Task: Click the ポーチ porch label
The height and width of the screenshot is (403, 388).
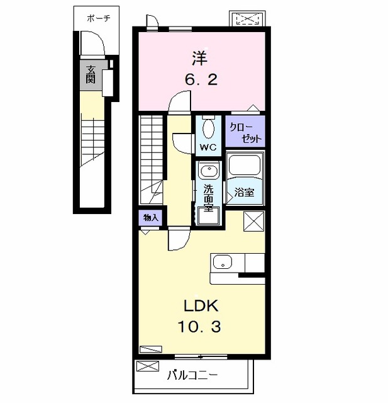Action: pyautogui.click(x=99, y=18)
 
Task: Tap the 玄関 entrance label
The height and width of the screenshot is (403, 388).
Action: pyautogui.click(x=91, y=75)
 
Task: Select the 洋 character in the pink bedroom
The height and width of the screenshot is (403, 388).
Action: pyautogui.click(x=200, y=59)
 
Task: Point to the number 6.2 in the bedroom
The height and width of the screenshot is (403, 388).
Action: pyautogui.click(x=201, y=79)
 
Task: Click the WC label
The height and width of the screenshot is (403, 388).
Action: pyautogui.click(x=208, y=147)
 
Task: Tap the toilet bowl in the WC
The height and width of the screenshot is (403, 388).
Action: pyautogui.click(x=209, y=128)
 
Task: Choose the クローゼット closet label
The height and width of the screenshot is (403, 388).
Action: pyautogui.click(x=246, y=133)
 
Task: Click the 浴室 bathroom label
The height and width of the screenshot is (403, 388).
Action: pyautogui.click(x=244, y=192)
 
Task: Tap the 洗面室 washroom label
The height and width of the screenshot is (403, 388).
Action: pyautogui.click(x=208, y=198)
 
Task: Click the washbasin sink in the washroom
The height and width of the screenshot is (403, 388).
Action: pyautogui.click(x=209, y=171)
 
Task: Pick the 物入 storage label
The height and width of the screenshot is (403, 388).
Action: pyautogui.click(x=151, y=218)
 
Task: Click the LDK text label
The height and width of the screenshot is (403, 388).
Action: pyautogui.click(x=201, y=306)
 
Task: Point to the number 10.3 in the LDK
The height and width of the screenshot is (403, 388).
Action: pyautogui.click(x=199, y=327)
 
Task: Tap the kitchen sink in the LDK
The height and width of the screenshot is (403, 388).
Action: pyautogui.click(x=223, y=262)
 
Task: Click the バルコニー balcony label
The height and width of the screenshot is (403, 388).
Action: pyautogui.click(x=192, y=375)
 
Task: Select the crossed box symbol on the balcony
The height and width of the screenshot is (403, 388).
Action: pyautogui.click(x=148, y=366)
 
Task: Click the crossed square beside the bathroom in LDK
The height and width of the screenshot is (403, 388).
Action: pyautogui.click(x=254, y=221)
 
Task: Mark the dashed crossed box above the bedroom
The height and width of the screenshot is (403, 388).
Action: pyautogui.click(x=247, y=19)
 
